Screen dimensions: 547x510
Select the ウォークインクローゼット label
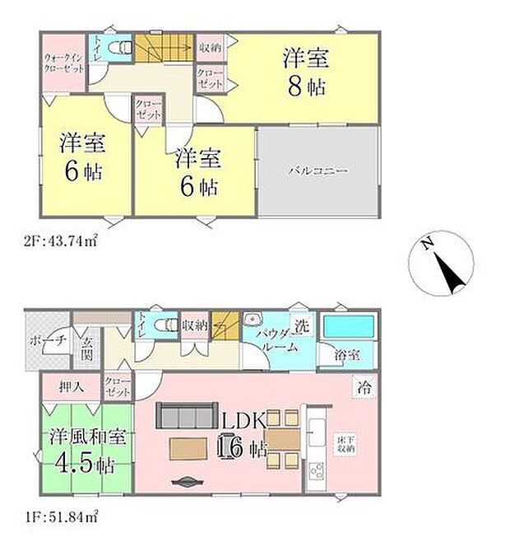click(64, 63)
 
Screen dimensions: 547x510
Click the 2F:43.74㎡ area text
click(63, 242)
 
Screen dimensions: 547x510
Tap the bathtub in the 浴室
click(346, 326)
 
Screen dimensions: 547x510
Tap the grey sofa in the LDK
click(186, 415)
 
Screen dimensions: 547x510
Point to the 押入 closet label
click(72, 386)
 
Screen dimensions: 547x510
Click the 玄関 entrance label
click(86, 351)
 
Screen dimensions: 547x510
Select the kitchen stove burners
click(317, 471)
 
